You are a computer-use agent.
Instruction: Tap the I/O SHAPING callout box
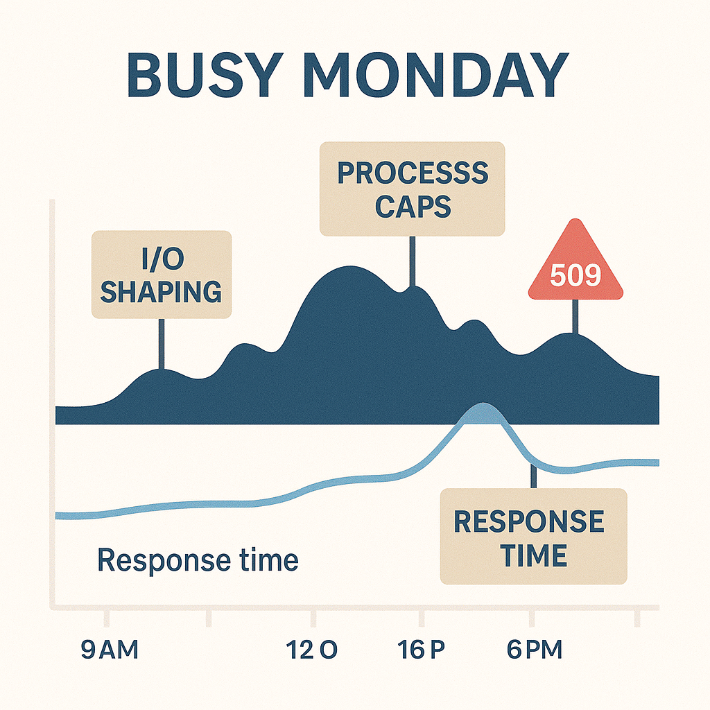pyautogui.click(x=162, y=275)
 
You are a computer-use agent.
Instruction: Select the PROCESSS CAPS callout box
pyautogui.click(x=412, y=189)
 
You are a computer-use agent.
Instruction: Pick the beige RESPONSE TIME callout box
pyautogui.click(x=533, y=536)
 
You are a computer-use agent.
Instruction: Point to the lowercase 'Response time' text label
pyautogui.click(x=198, y=560)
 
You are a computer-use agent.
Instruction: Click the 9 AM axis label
pyautogui.click(x=109, y=650)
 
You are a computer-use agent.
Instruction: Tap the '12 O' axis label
pyautogui.click(x=311, y=650)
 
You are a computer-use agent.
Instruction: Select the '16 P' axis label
pyautogui.click(x=420, y=650)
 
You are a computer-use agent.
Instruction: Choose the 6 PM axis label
pyautogui.click(x=534, y=650)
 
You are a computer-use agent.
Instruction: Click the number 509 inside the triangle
pyautogui.click(x=575, y=276)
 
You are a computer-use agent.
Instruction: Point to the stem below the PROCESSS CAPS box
pyautogui.click(x=412, y=261)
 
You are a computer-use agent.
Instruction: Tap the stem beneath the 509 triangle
pyautogui.click(x=575, y=316)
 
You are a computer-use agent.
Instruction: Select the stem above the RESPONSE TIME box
pyautogui.click(x=533, y=477)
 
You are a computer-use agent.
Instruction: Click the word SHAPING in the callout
pyautogui.click(x=162, y=291)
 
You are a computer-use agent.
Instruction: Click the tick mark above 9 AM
pyautogui.click(x=106, y=617)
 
